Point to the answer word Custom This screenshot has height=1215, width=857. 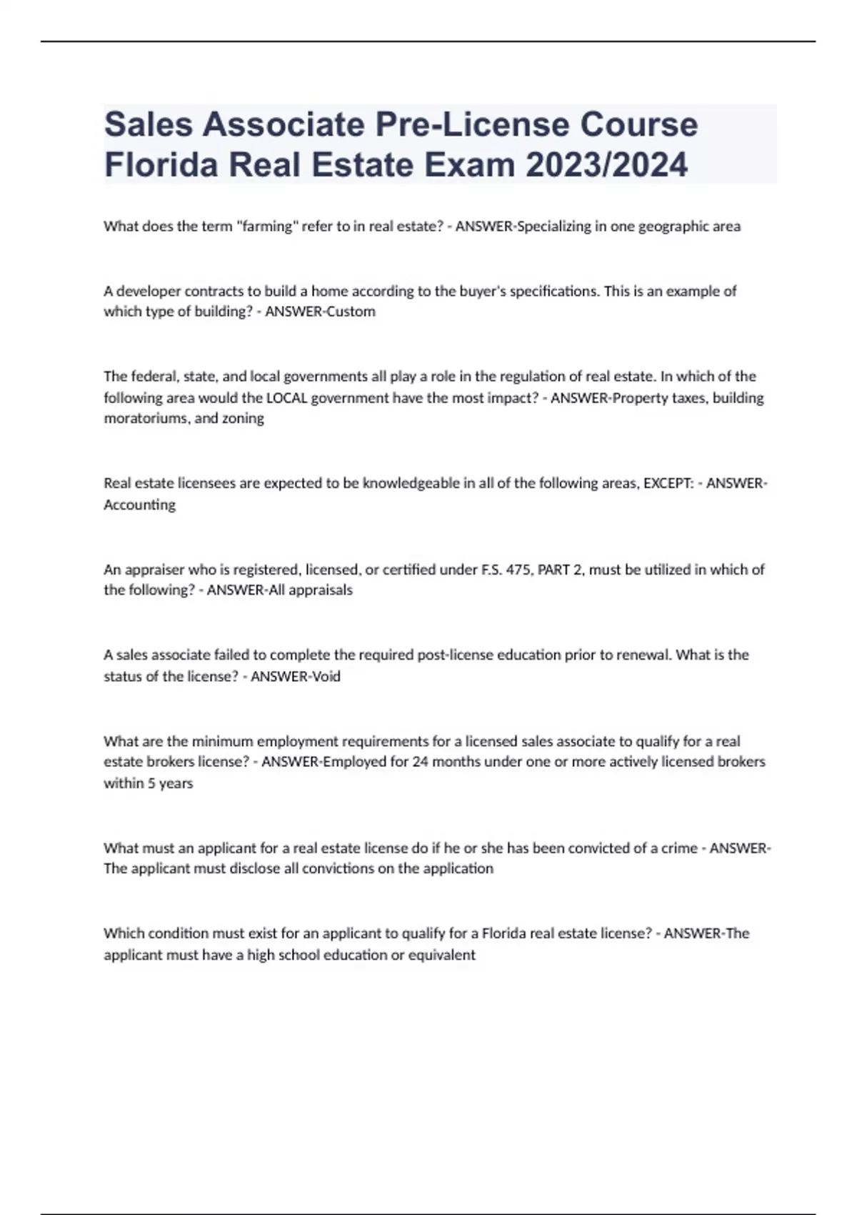pos(351,312)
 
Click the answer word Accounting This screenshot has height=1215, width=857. pos(139,505)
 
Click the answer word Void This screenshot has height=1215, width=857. pos(325,676)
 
